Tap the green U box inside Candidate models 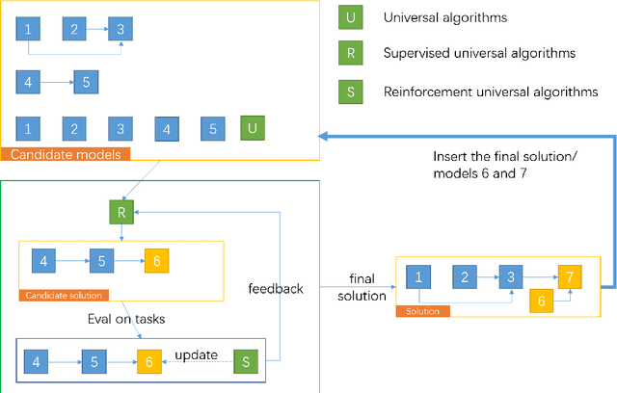pos(253,127)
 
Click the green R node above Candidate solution pos(121,211)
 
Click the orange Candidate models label pos(66,153)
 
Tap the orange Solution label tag pos(421,311)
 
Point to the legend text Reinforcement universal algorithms pos(491,92)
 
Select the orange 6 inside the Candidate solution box pos(155,260)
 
